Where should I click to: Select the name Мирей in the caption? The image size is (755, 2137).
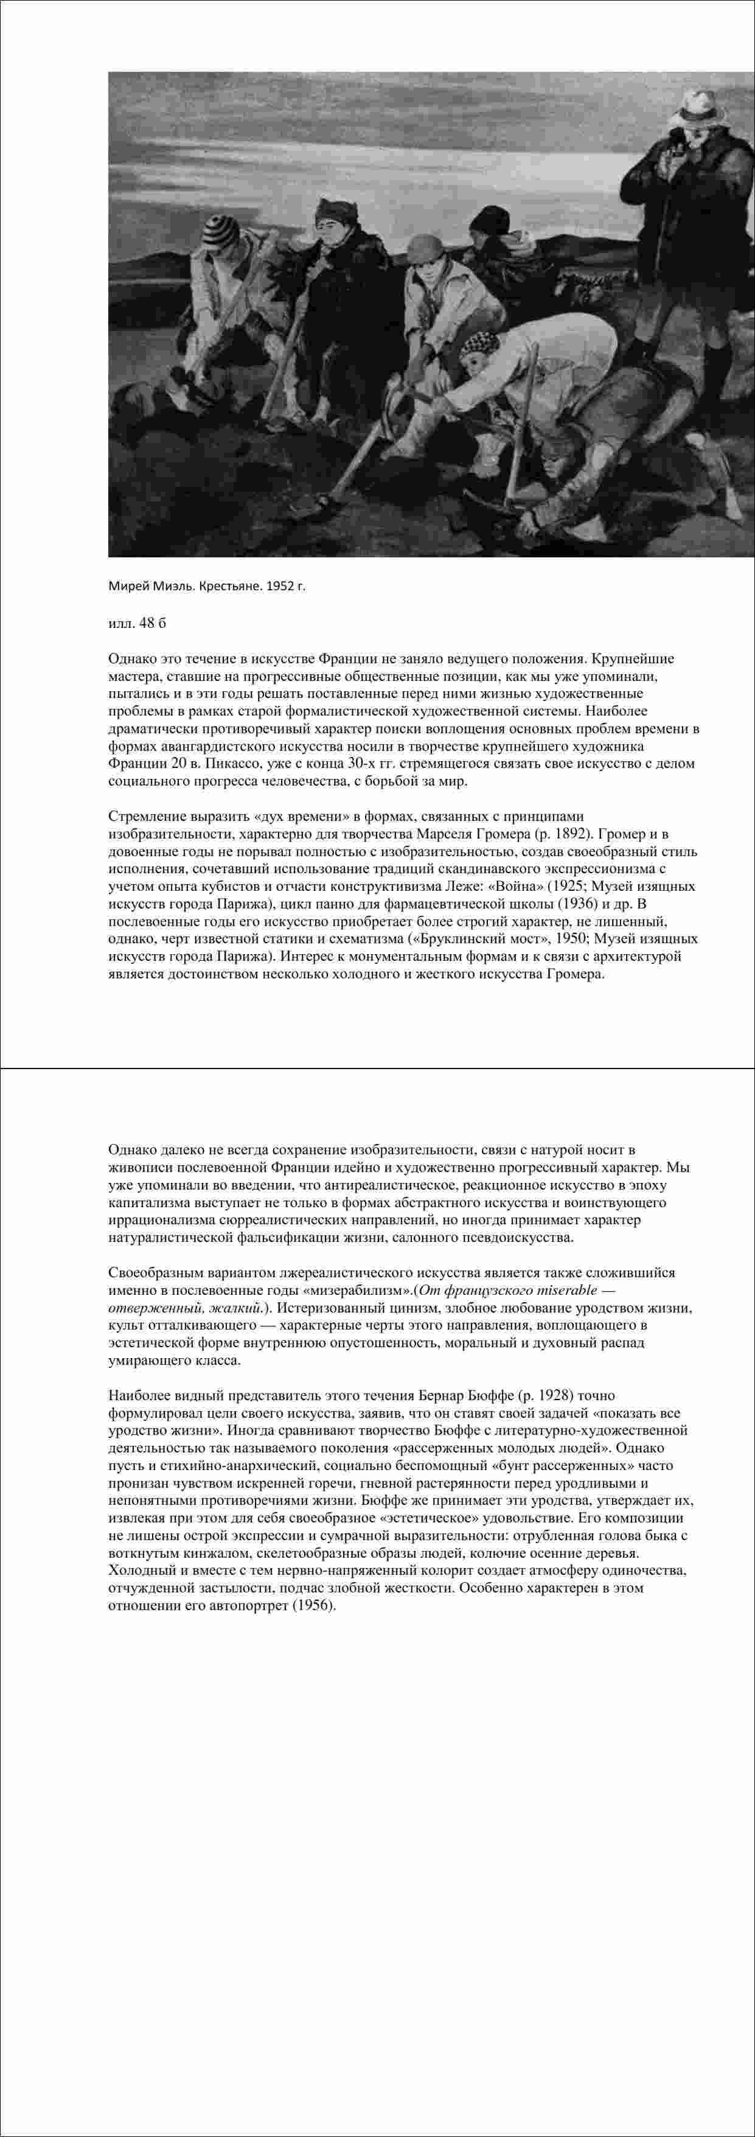pos(128,586)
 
